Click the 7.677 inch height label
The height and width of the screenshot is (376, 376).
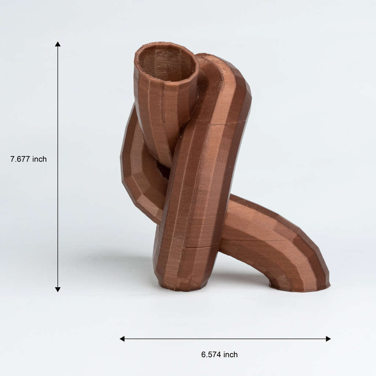(29, 159)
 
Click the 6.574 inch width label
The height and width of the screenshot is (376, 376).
(220, 354)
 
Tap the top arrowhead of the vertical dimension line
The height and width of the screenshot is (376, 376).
(58, 44)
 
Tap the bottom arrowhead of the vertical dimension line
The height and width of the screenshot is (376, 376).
(58, 289)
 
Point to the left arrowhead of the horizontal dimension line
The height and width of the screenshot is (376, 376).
(122, 339)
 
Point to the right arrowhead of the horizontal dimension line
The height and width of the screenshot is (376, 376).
(328, 339)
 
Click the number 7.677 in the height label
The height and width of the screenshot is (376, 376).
(20, 159)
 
